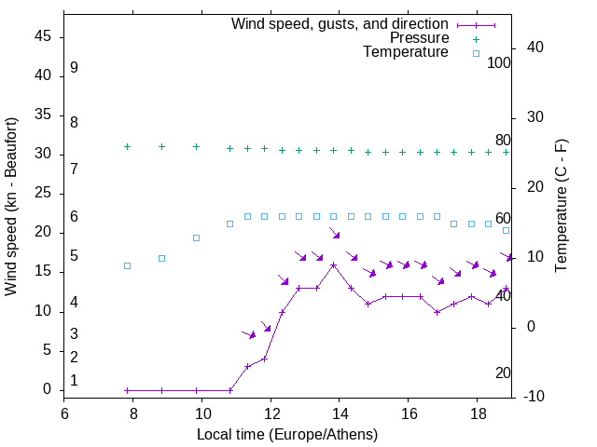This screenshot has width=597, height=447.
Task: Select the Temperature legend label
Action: pos(406,52)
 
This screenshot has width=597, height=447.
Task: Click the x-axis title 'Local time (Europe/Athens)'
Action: pos(287,434)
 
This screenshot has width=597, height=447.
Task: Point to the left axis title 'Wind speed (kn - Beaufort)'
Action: pos(11,207)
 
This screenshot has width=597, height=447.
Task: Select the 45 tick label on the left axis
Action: pos(43,36)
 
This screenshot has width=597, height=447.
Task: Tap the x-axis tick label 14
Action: pos(340,413)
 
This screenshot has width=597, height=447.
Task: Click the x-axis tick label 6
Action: pos(64,413)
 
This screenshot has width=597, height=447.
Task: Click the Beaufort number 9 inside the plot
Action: pos(74,68)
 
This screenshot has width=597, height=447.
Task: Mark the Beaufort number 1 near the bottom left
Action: pos(74,381)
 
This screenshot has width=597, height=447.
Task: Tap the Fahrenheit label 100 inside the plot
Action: pos(500,63)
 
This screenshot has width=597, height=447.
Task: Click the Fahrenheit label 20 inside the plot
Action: pos(503,373)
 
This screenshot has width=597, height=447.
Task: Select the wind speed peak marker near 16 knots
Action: pos(333,265)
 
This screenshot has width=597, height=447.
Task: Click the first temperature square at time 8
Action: pos(127,265)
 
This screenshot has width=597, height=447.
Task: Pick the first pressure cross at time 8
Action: pos(127,146)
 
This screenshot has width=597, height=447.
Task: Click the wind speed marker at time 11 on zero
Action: pos(229,390)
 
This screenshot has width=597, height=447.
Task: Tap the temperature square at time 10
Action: pos(196,237)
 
